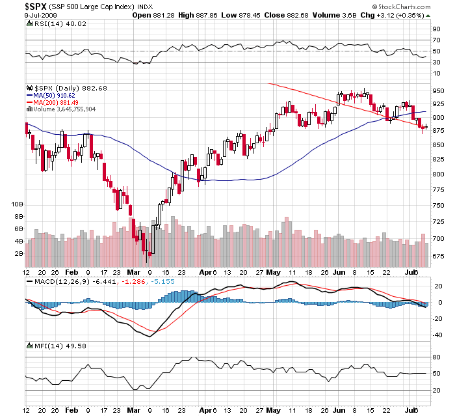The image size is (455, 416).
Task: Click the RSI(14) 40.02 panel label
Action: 51,23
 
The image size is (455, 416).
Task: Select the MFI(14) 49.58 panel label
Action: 51,344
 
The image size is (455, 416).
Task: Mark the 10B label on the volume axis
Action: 18,204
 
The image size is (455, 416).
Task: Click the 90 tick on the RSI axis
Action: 436,29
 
